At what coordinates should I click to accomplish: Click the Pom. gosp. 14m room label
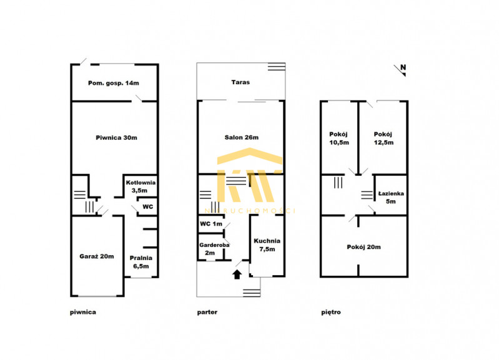114,83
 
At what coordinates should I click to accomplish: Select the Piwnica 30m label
117,138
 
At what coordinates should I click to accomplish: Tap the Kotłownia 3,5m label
141,187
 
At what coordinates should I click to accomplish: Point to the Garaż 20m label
97,256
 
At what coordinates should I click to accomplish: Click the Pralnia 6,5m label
141,262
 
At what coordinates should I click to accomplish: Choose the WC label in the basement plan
147,207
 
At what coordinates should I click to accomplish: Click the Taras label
240,82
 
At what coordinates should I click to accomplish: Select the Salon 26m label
242,137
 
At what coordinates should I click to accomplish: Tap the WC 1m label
211,224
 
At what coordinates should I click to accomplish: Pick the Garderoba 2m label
214,249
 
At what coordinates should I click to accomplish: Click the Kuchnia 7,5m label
267,245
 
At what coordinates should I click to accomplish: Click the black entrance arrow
237,275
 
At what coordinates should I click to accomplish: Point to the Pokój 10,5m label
339,139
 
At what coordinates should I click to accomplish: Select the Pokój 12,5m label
383,139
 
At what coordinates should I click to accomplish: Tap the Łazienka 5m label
391,197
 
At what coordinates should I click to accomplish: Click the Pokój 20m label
363,247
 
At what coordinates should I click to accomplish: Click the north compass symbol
400,70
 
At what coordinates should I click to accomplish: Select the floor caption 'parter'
207,312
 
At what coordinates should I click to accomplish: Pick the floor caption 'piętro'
331,312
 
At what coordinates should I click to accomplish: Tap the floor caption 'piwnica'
83,312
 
